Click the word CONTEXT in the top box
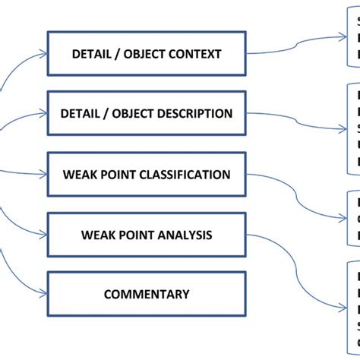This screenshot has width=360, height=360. point(194,54)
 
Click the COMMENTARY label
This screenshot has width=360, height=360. point(147,294)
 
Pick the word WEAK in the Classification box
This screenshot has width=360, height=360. point(78,175)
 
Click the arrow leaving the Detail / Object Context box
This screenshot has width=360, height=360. point(296,46)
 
